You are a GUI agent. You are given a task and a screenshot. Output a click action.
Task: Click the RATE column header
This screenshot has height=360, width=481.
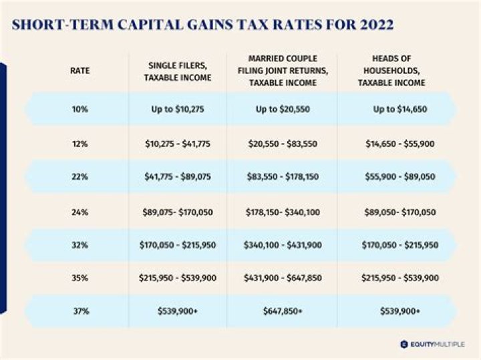[x=79, y=70]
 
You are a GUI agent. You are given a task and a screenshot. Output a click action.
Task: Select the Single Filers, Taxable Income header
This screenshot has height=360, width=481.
[x=177, y=70]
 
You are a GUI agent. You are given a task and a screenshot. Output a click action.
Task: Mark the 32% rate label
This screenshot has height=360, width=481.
[x=79, y=245]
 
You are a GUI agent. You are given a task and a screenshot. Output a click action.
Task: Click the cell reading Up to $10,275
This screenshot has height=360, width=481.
[x=177, y=110]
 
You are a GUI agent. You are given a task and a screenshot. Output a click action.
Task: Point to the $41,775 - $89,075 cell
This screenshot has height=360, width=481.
[x=177, y=177]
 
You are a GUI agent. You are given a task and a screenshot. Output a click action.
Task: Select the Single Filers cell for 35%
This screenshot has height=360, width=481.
[x=177, y=277]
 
